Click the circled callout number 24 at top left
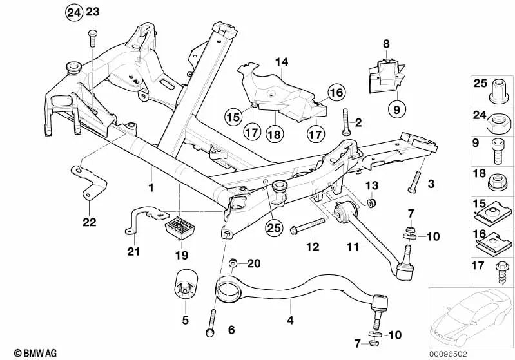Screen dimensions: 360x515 pos(74,12)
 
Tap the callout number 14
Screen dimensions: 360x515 pos(281,63)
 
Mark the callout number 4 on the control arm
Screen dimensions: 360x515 pos(290,319)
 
